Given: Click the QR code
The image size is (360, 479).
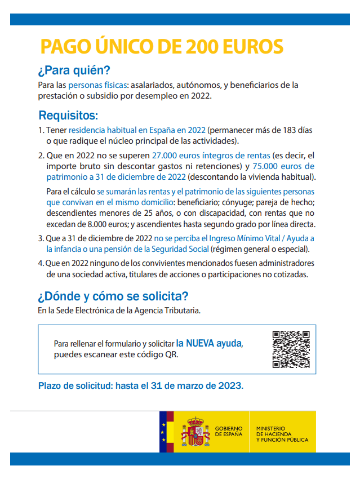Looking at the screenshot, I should (x=291, y=349).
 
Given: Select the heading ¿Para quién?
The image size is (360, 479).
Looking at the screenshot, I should (x=74, y=71).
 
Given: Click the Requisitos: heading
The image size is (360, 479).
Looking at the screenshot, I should (x=68, y=116).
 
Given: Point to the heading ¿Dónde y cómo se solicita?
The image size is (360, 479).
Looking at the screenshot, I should (x=113, y=296).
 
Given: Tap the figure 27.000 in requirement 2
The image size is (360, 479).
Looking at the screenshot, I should (x=166, y=155).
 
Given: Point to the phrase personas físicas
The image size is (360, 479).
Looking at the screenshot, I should (x=98, y=85).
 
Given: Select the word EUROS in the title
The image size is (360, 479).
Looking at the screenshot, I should (x=253, y=46).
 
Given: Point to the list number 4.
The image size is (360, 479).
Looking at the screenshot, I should (x=41, y=263).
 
